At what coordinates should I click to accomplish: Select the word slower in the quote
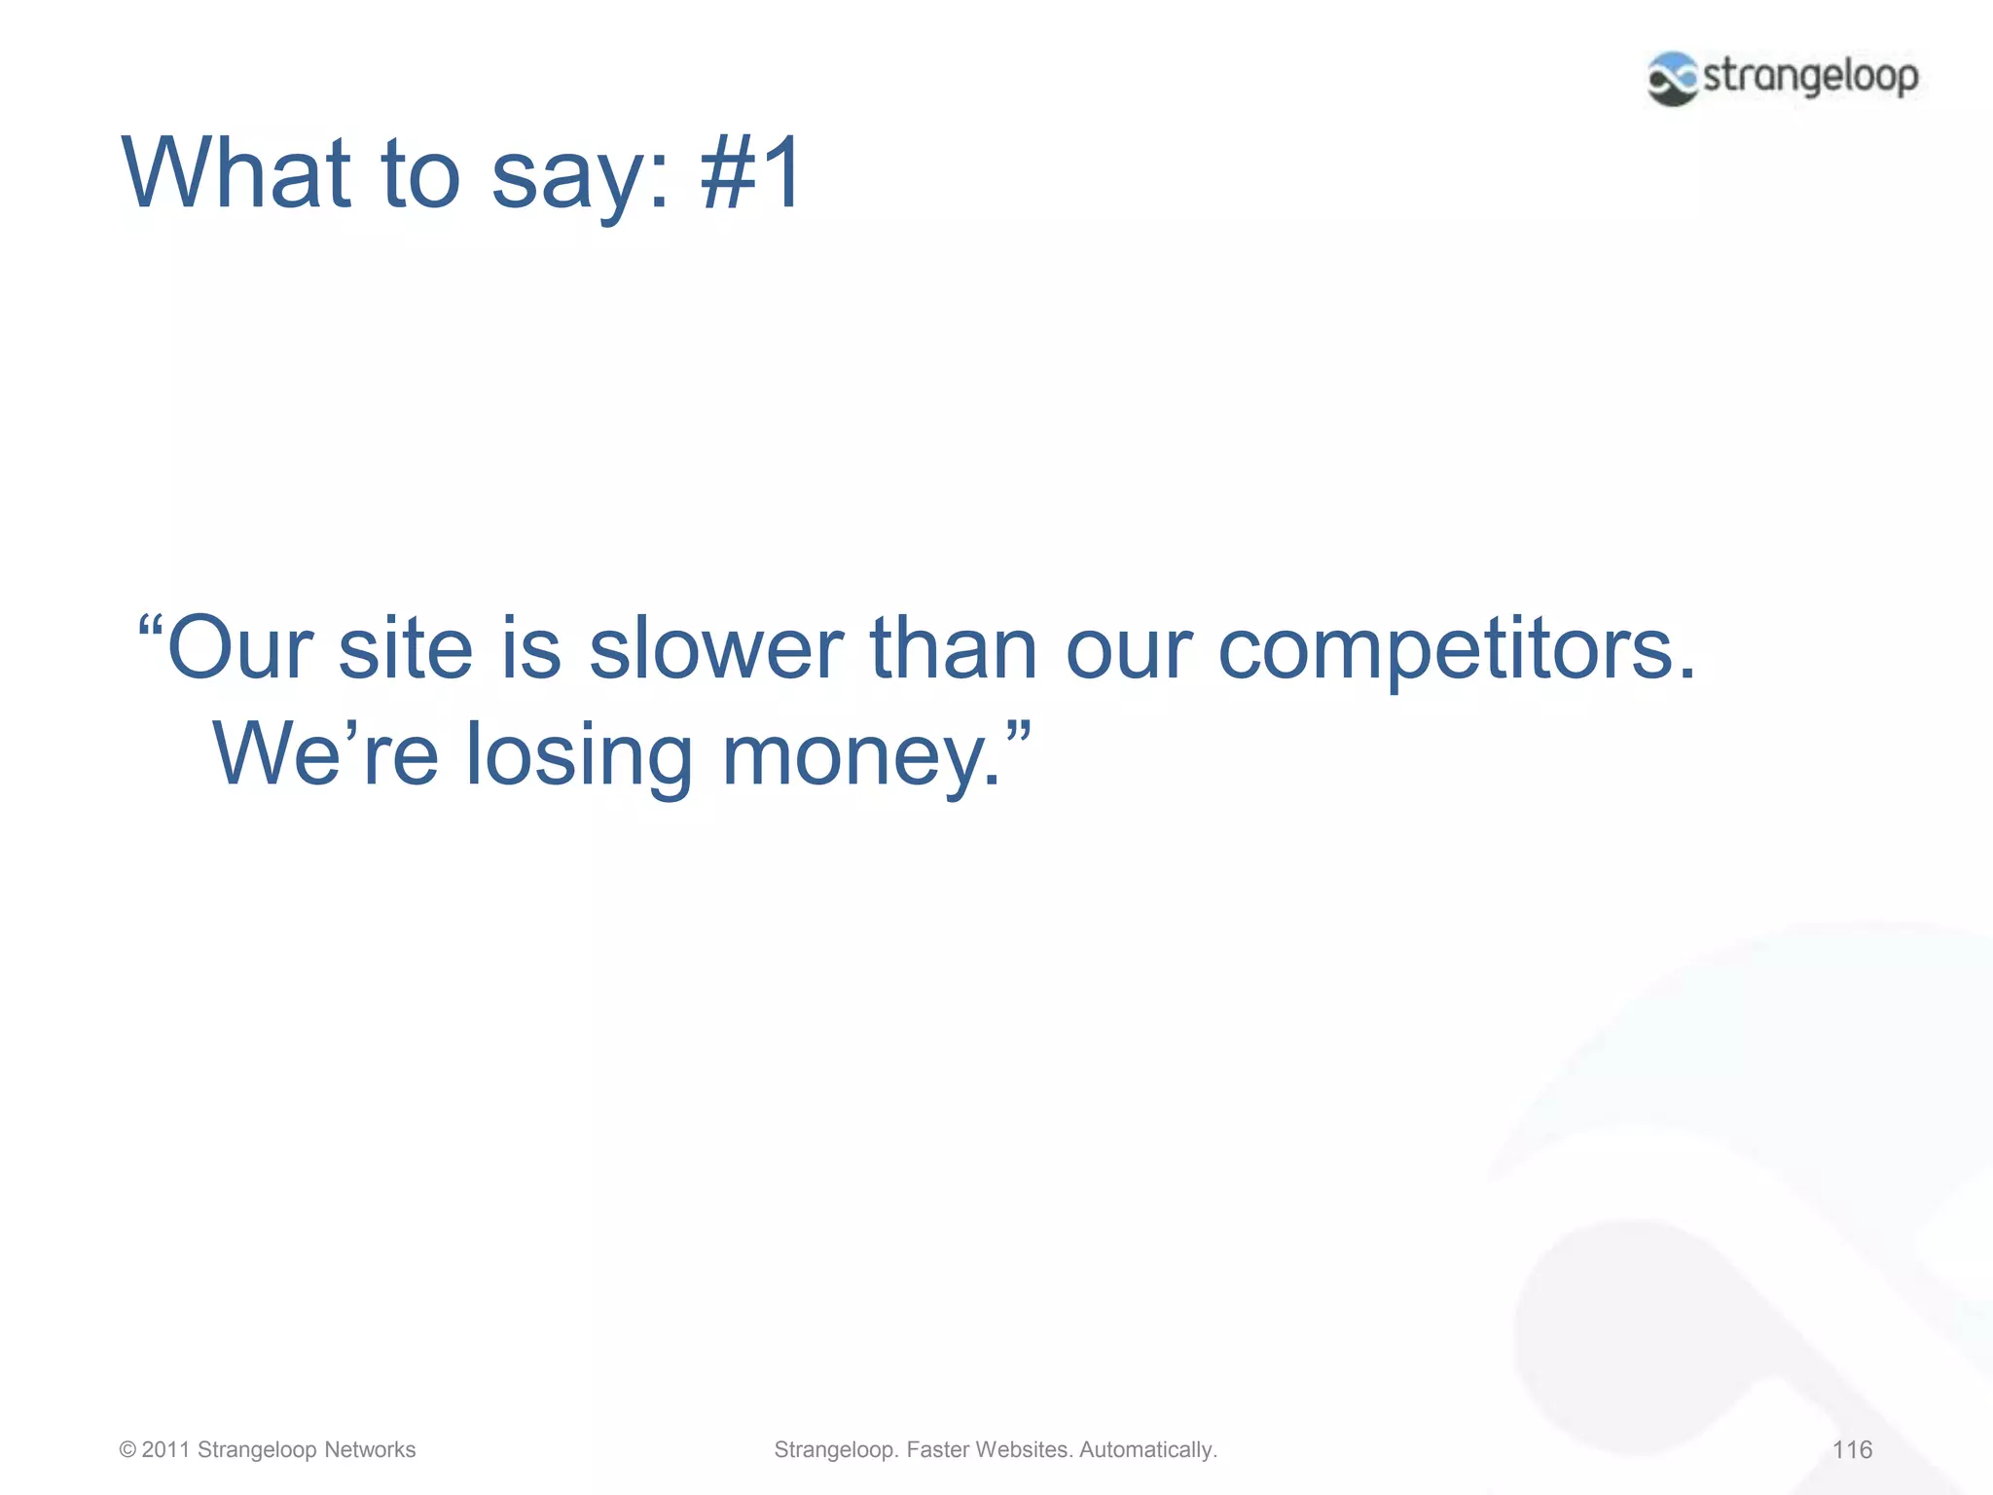coord(716,649)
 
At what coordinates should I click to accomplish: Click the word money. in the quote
coord(860,756)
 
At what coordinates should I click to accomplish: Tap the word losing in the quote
coord(579,756)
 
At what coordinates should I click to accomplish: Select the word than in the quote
coord(954,649)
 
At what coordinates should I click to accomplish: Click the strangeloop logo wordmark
coord(1810,77)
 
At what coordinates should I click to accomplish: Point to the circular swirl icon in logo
coord(1672,78)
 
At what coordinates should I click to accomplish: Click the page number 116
coord(1851,1449)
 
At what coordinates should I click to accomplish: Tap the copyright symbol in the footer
coord(127,1449)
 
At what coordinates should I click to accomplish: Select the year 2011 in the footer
coord(165,1449)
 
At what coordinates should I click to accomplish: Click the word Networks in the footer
coord(370,1449)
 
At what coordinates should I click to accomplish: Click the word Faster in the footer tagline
coord(937,1449)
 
